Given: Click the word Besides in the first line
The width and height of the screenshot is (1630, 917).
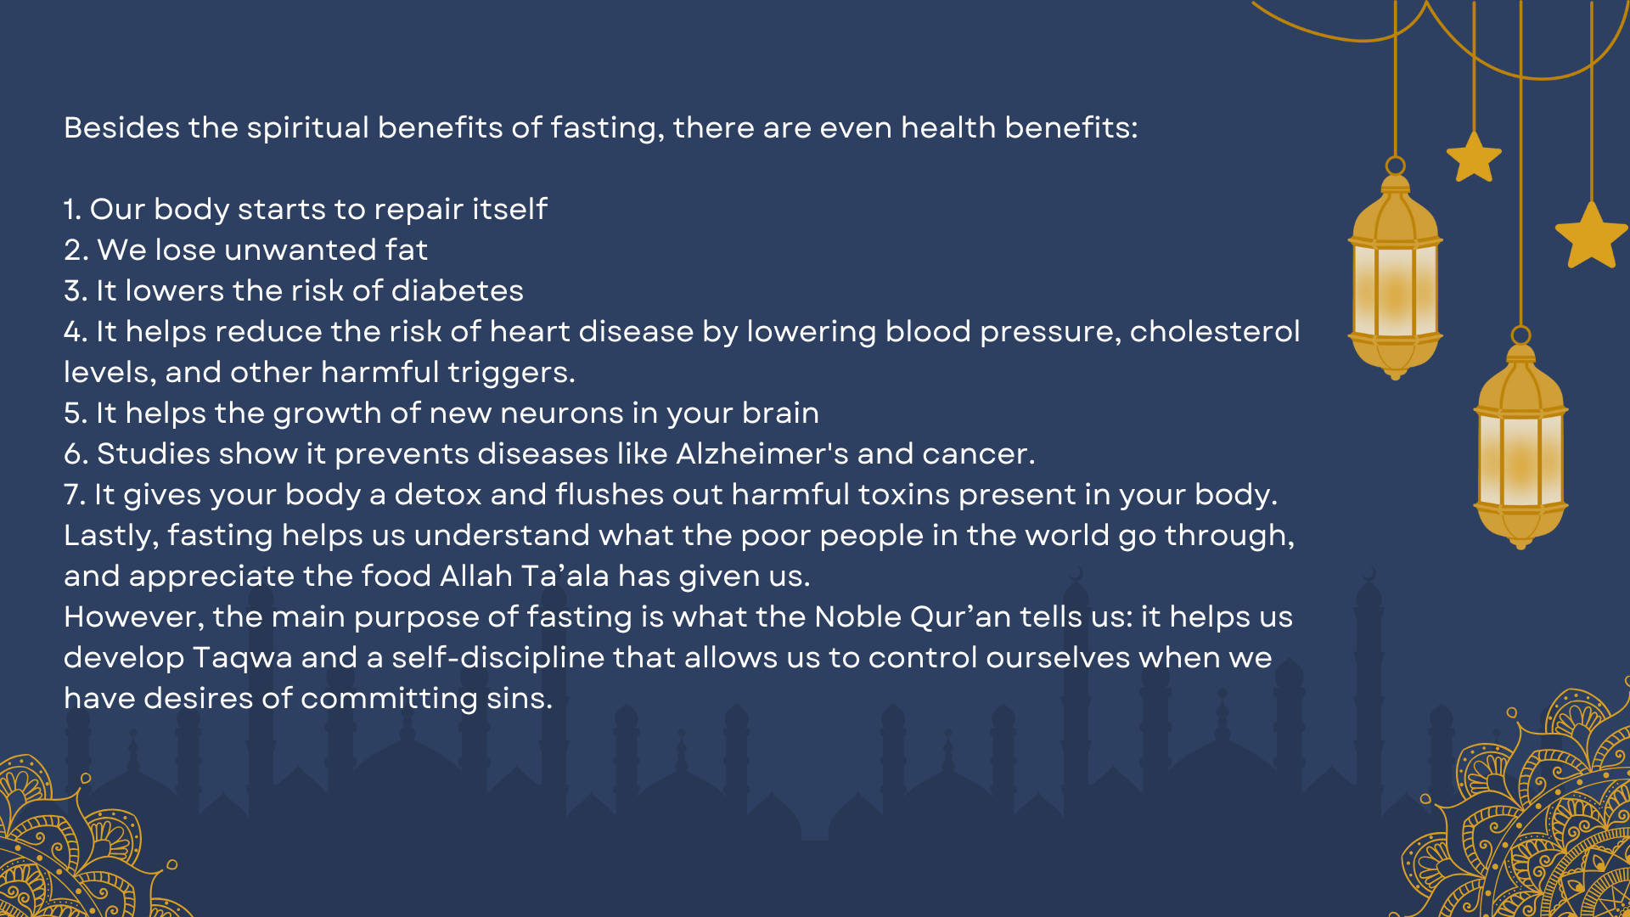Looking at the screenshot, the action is click(x=121, y=127).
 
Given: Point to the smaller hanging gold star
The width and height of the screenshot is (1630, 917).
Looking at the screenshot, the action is click(x=1474, y=157).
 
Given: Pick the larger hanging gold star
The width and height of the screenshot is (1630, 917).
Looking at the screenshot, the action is click(x=1592, y=236).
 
